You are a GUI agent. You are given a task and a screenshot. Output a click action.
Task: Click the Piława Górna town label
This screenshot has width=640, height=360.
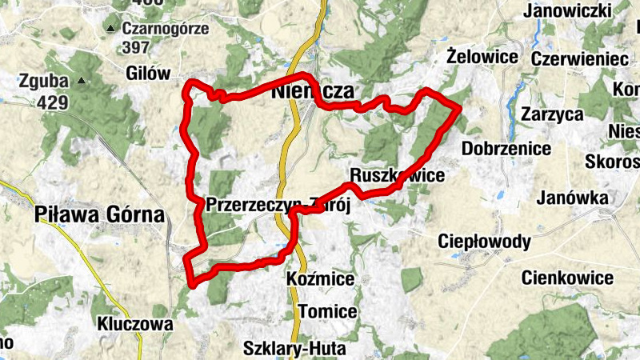tap(99, 214)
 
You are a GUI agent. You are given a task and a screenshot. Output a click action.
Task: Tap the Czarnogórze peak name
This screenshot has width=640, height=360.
tap(166, 29)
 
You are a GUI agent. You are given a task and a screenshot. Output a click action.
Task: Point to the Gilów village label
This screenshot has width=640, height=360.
tap(149, 74)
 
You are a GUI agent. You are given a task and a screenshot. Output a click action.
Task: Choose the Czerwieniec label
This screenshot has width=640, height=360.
tap(568, 59)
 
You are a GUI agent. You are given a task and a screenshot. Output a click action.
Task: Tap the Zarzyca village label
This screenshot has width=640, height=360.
tap(552, 114)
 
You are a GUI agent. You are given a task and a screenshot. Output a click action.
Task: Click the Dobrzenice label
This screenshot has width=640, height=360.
tap(506, 149)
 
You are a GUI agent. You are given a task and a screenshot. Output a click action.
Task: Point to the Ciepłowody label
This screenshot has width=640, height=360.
tap(485, 241)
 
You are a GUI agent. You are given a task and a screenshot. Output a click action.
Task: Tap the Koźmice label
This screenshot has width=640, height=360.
tap(320, 279)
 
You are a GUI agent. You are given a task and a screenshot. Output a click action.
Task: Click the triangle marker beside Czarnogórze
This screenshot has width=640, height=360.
tap(110, 30)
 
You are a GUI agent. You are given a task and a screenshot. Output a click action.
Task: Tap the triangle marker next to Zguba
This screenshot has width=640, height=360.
tap(81, 82)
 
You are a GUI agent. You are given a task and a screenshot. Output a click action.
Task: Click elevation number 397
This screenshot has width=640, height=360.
tap(138, 48)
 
